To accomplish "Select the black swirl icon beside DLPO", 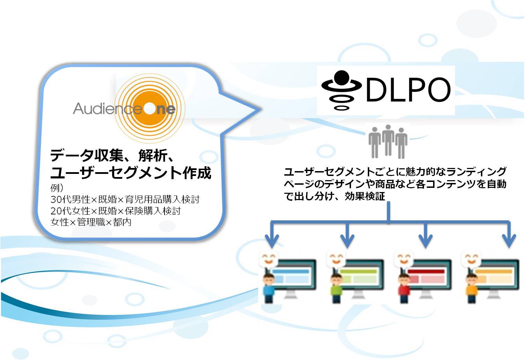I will coord(341,90).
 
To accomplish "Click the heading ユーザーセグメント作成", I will coord(131,173).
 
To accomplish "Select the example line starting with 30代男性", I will coord(125,199).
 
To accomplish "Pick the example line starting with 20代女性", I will coord(116,211).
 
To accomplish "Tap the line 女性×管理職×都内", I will coord(91,222).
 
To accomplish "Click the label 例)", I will coord(57,188).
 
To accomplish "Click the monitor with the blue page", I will coord(294,278).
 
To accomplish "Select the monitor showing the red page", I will coord(429,278).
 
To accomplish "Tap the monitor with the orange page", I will coord(496,278).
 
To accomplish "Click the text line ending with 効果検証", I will coord(335,196).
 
